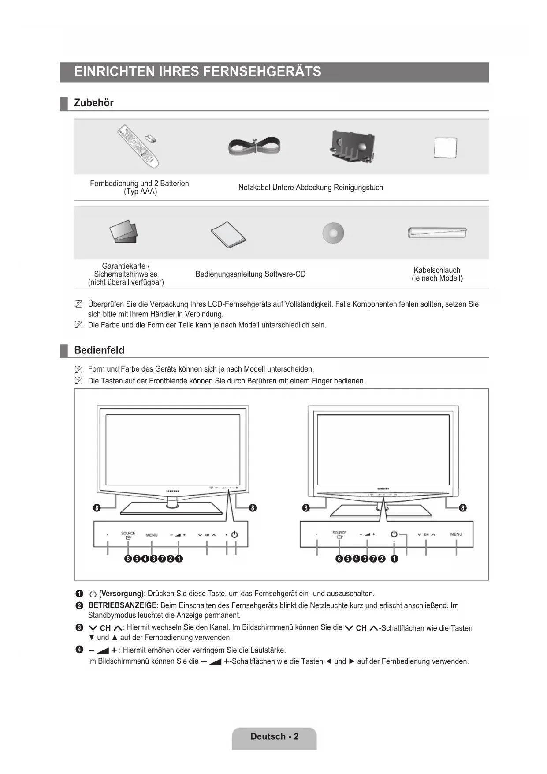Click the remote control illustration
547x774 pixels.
coord(138,147)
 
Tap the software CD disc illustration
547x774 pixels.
coord(333,233)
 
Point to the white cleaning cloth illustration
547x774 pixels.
coord(445,147)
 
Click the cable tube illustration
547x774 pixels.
coord(437,232)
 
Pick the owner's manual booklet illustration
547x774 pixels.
coord(228,234)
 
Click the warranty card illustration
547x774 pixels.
coord(124,232)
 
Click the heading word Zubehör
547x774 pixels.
coord(93,103)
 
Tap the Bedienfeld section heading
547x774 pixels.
coord(99,350)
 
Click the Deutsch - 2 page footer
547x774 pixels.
coord(274,736)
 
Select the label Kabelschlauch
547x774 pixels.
coord(437,270)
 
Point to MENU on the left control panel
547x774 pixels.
coord(152,535)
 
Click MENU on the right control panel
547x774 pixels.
coord(456,534)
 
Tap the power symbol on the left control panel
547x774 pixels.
coord(235,534)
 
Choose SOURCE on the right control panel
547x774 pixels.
coord(339,533)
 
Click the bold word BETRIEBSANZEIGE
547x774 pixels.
coord(122,605)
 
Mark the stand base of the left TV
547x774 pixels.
coord(171,508)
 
